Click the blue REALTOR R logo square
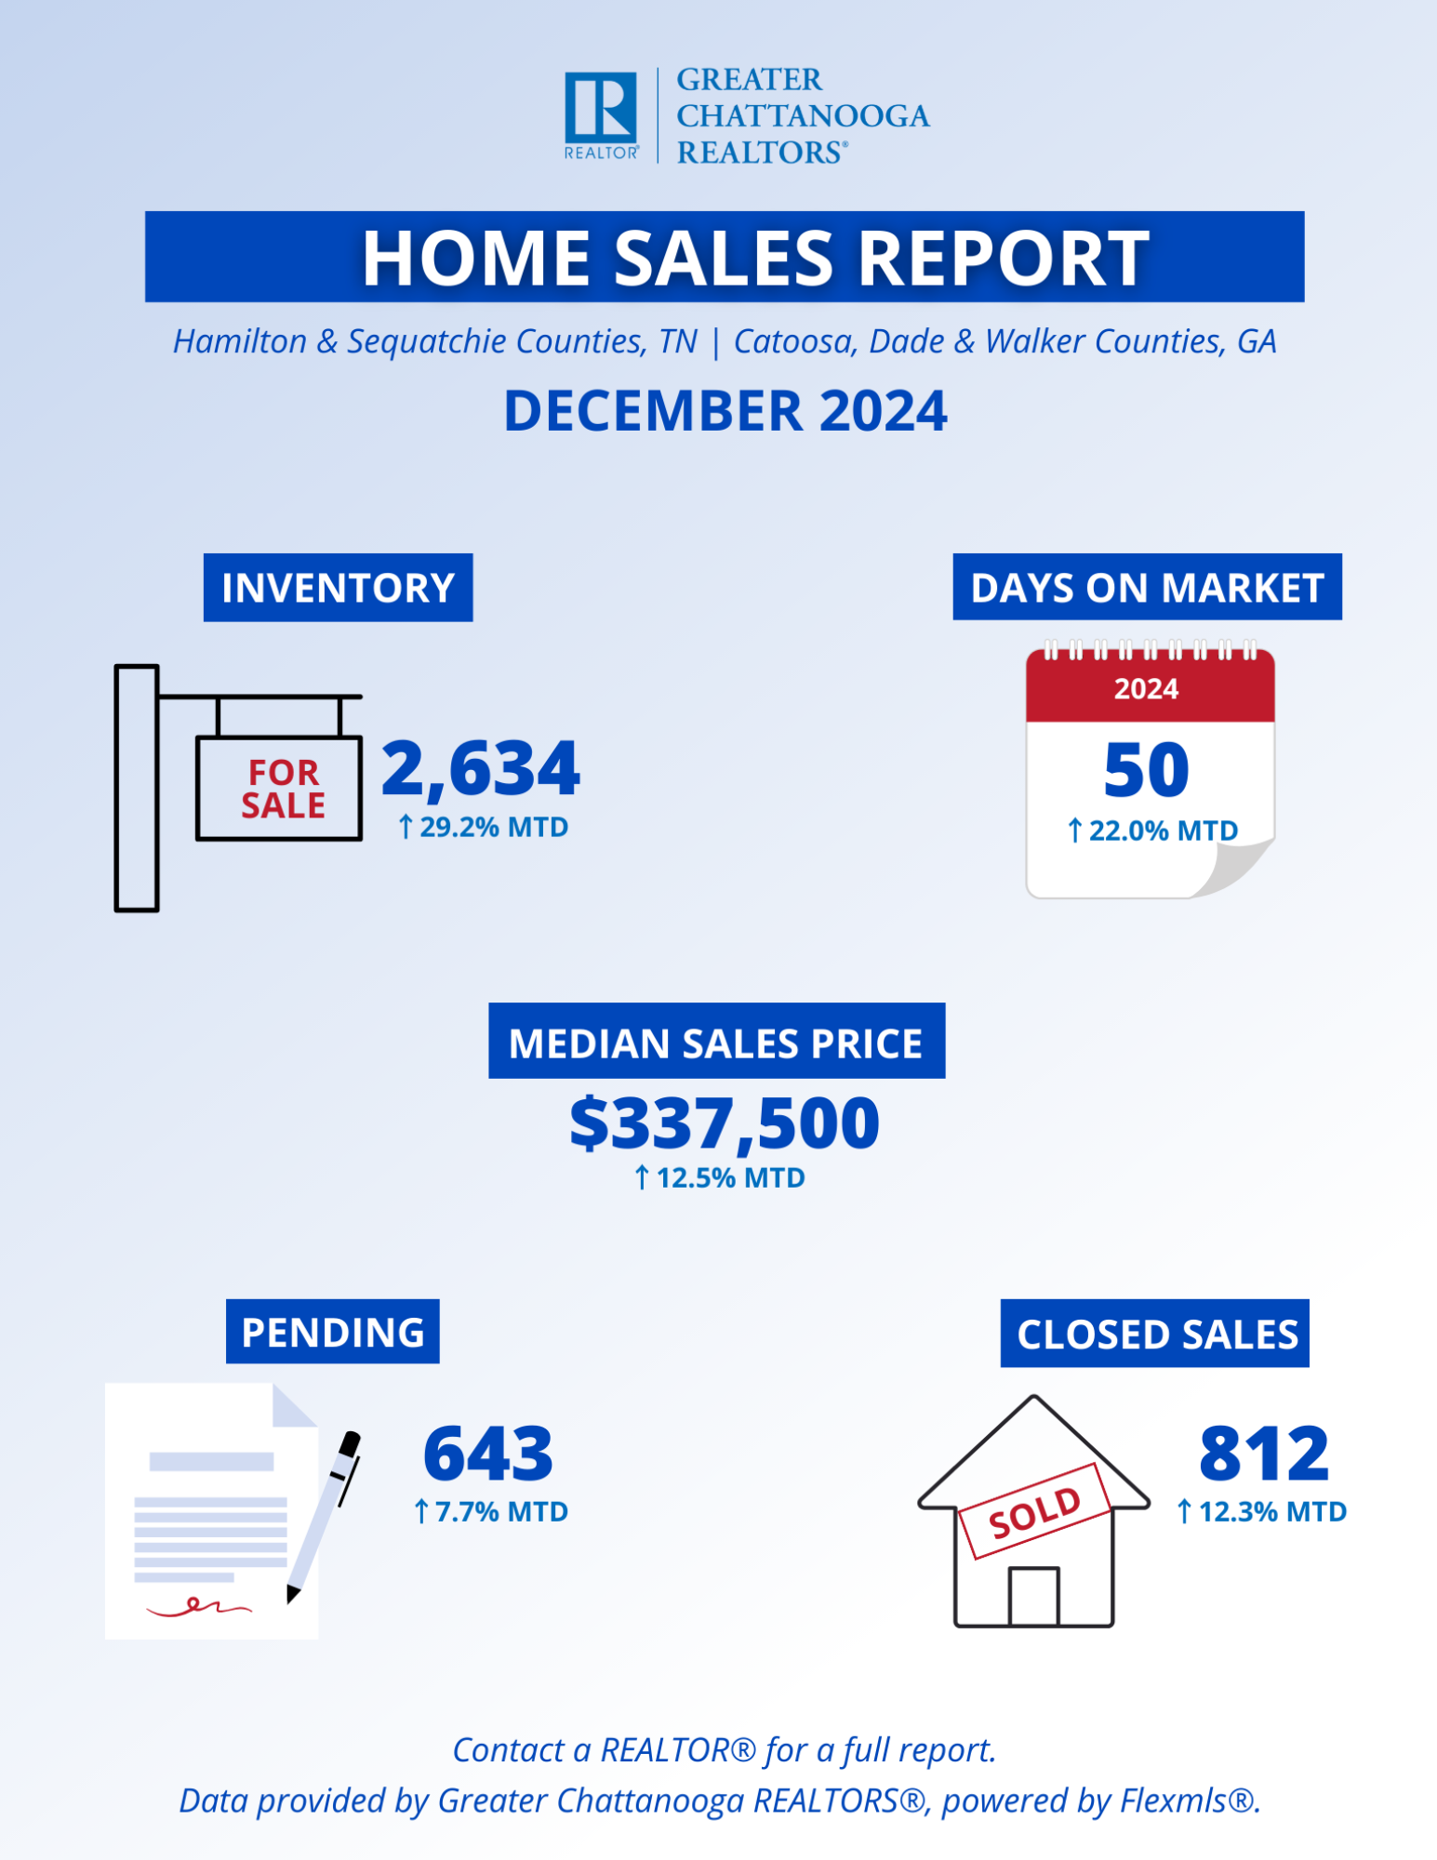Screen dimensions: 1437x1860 pyautogui.click(x=601, y=108)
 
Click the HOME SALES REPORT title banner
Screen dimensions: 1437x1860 pyautogui.click(x=725, y=257)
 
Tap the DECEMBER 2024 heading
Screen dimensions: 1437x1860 pyautogui.click(x=725, y=411)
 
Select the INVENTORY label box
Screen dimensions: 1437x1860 pyautogui.click(x=339, y=588)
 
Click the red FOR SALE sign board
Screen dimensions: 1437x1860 pyautogui.click(x=279, y=789)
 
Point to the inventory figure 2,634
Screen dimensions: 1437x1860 pyautogui.click(x=481, y=769)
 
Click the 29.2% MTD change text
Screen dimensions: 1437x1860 pyautogui.click(x=484, y=827)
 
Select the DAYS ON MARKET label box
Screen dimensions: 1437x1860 pyautogui.click(x=1147, y=587)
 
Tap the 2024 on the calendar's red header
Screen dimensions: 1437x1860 pyautogui.click(x=1147, y=689)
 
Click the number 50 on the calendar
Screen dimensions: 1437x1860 pyautogui.click(x=1147, y=770)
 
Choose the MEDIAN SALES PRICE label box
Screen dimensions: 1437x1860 pyautogui.click(x=717, y=1041)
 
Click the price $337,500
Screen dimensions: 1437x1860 pyautogui.click(x=725, y=1123)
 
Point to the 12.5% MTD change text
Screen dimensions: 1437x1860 pyautogui.click(x=720, y=1178)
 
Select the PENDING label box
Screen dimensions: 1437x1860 pyautogui.click(x=333, y=1332)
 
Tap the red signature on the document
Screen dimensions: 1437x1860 pyautogui.click(x=199, y=1606)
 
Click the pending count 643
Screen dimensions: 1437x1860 pyautogui.click(x=488, y=1454)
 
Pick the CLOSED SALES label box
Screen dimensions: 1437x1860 pyautogui.click(x=1155, y=1334)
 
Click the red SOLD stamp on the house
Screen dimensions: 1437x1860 pyautogui.click(x=1034, y=1511)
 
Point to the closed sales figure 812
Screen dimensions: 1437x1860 pyautogui.click(x=1264, y=1454)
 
